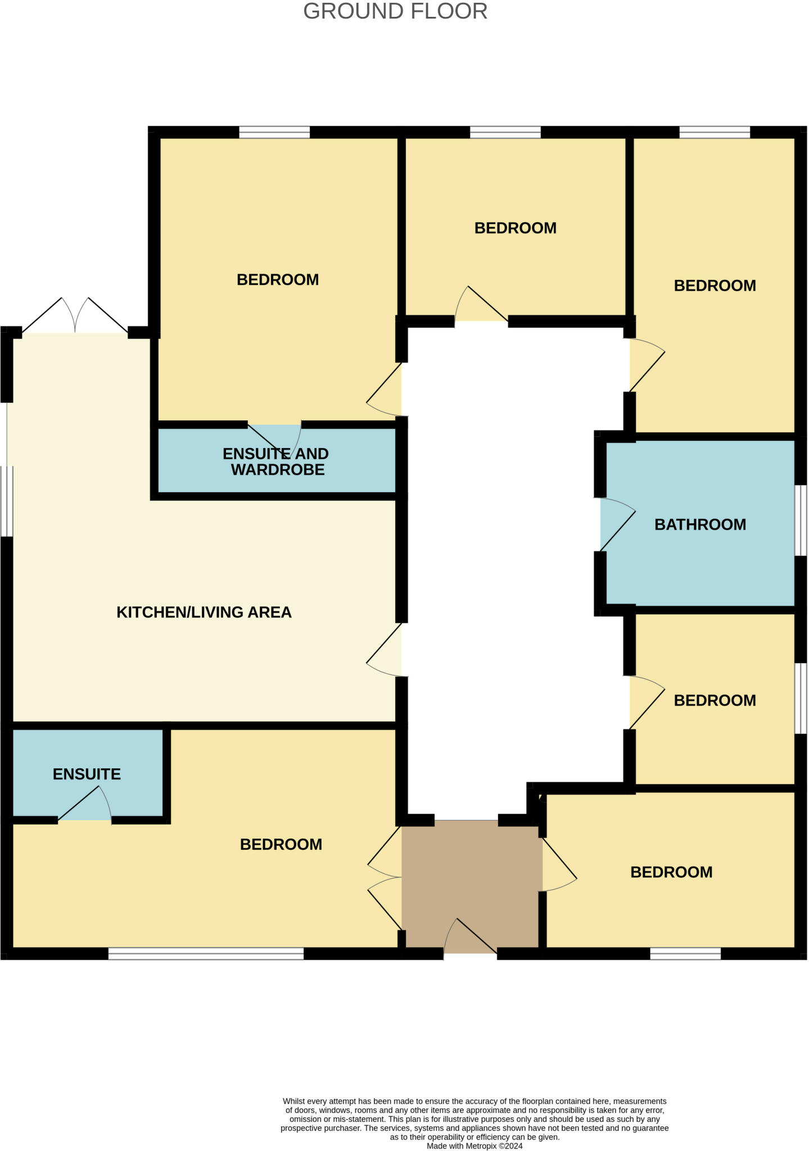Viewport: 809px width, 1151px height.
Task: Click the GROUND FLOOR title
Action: [395, 12]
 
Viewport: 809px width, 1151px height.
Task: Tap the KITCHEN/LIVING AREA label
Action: [204, 612]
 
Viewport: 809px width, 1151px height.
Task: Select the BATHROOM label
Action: [700, 524]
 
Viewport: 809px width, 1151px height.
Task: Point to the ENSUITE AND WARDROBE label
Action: [275, 461]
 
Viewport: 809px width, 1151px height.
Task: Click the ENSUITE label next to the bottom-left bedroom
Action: [87, 774]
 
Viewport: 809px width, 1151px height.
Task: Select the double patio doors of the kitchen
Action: [75, 316]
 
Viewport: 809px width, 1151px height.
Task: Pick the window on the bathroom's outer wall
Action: [800, 520]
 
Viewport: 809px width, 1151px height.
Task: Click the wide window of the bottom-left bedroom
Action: [206, 953]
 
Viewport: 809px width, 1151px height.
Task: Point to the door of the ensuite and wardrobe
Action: [275, 438]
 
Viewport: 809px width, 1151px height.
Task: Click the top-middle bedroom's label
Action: [515, 228]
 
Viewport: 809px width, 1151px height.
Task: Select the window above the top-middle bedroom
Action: [505, 132]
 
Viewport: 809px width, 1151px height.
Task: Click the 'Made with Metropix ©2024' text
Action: [474, 1145]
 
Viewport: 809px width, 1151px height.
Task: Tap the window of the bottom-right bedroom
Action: [685, 953]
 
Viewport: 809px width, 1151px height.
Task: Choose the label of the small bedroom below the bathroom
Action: [715, 700]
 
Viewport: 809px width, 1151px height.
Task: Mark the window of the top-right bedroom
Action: [715, 132]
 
